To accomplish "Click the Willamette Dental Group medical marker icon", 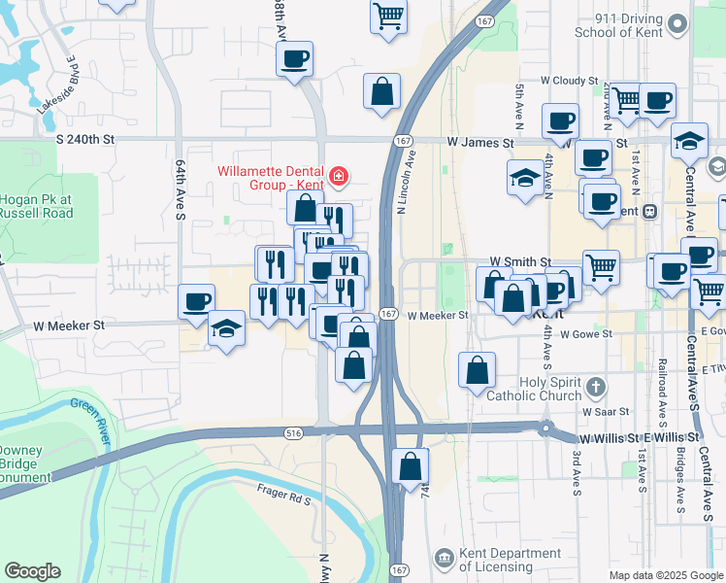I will pos(339,177).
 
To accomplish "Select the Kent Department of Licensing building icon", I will pos(444,559).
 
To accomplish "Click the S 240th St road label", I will pos(84,140).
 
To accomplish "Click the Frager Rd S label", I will pos(283,499).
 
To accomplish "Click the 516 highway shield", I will pos(294,432).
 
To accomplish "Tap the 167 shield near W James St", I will pos(400,141).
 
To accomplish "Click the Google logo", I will pos(32,571).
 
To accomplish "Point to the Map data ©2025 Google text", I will pos(666,575).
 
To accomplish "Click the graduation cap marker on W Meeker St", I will pos(226,327).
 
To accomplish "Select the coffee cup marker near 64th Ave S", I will pos(196,301).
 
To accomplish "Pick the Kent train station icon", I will pos(649,211).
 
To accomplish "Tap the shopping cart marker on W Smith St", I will pos(601,265).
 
